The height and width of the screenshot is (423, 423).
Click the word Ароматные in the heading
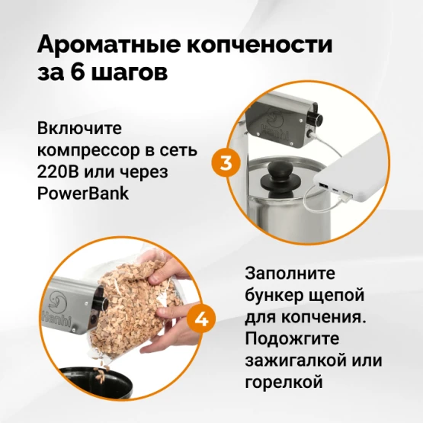tap(108, 44)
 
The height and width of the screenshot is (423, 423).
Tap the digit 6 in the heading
tap(78, 72)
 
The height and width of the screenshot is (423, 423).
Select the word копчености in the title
tap(259, 44)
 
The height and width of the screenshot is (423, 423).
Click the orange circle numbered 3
tap(226, 163)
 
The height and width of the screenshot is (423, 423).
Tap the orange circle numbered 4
tap(201, 319)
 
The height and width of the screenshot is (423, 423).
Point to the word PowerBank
tap(83, 193)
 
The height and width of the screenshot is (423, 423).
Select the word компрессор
tap(88, 151)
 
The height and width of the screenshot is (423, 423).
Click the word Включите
tap(79, 128)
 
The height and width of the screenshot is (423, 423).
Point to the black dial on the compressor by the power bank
tap(316, 117)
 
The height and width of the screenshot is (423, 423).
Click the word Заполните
tap(290, 273)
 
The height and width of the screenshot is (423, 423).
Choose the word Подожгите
tap(292, 338)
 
